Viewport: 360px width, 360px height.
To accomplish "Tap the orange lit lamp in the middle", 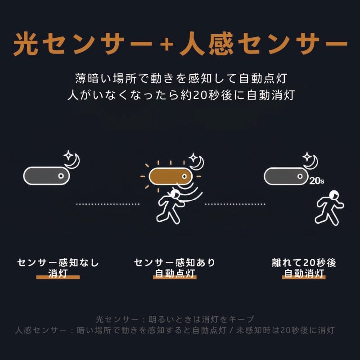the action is pyautogui.click(x=170, y=175).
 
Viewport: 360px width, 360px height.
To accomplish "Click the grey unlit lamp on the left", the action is pyautogui.click(x=47, y=175).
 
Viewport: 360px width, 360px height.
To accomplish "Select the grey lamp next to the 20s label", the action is pyautogui.click(x=285, y=176).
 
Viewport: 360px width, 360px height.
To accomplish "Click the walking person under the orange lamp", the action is pyautogui.click(x=170, y=206).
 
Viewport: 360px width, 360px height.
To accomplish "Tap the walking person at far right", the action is pyautogui.click(x=329, y=207).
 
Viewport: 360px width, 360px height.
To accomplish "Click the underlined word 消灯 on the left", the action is pyautogui.click(x=58, y=273).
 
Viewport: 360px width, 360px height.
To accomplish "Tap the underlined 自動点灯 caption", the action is pyautogui.click(x=175, y=273).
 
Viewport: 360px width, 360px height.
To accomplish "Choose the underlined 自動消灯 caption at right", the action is pyautogui.click(x=304, y=273).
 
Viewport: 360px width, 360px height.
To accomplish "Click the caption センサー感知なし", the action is pyautogui.click(x=58, y=263).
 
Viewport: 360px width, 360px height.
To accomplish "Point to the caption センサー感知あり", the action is pyautogui.click(x=175, y=263).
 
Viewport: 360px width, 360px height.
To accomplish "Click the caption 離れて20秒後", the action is pyautogui.click(x=304, y=263).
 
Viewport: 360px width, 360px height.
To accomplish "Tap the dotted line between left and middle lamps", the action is pyautogui.click(x=108, y=204).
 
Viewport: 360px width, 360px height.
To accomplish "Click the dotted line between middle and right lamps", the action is pyautogui.click(x=235, y=204).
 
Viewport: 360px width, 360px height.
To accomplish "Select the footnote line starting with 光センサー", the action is pyautogui.click(x=175, y=319).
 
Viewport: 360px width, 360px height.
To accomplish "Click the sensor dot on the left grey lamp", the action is pyautogui.click(x=60, y=176).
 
